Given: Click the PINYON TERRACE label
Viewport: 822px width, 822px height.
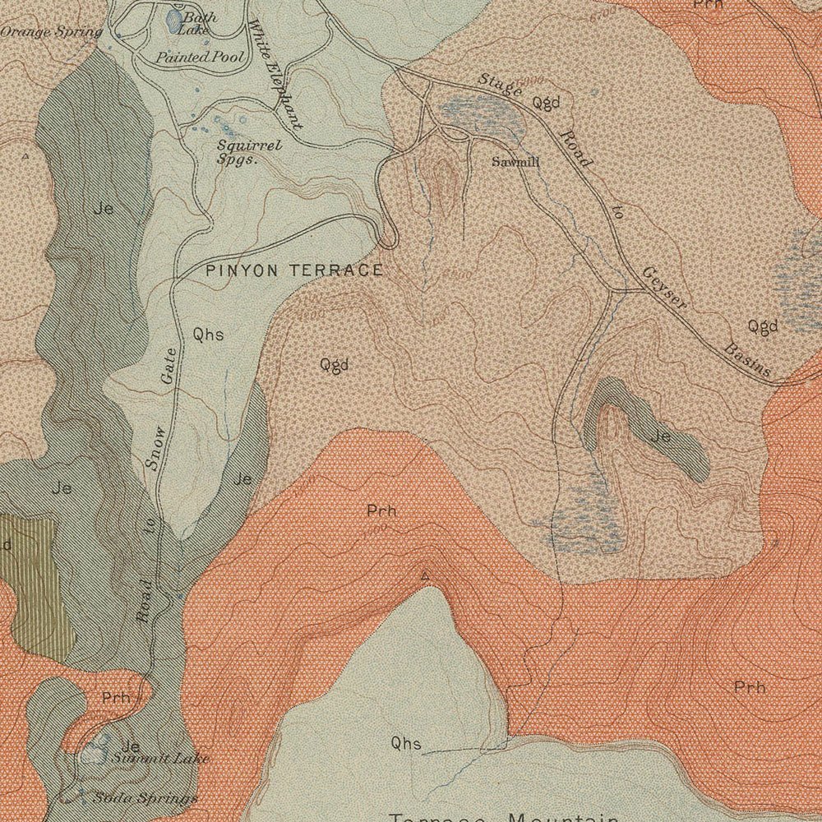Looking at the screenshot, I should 293,270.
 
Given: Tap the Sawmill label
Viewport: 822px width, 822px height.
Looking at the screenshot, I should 515,162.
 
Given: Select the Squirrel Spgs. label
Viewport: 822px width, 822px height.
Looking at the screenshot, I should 238,152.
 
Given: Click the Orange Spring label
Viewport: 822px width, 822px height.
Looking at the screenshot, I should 51,32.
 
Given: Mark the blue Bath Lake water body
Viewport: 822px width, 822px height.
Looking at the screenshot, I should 175,21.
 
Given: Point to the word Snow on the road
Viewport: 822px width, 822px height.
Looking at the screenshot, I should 156,449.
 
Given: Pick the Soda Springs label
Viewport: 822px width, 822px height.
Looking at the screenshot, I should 145,798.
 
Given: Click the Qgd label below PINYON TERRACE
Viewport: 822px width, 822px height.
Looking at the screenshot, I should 335,364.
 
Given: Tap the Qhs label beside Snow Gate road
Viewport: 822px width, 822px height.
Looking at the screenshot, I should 208,334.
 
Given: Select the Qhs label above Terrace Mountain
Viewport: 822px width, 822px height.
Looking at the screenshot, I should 406,744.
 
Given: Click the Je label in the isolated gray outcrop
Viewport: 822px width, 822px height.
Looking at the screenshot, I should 660,436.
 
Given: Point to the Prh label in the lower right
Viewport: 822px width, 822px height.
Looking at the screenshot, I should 750,686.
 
